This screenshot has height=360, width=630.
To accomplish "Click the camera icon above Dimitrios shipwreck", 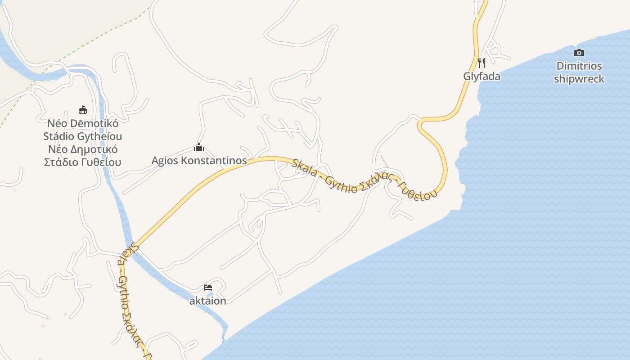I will point(579,53).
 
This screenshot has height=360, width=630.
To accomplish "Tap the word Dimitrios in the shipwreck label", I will point(579,66).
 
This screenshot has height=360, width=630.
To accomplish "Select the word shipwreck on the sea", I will point(579,79).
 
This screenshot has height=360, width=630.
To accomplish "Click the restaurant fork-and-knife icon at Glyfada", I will point(481,63).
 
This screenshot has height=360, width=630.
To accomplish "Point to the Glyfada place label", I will point(481,76).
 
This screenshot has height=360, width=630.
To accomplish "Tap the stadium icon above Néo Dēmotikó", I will point(83,110).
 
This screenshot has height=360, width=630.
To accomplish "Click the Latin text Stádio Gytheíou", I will point(83,136).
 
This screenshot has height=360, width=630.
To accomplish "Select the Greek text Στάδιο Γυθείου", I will point(83,162).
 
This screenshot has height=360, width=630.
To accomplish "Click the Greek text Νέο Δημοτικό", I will point(83,149).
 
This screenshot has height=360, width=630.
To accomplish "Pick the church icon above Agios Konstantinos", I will point(199,147).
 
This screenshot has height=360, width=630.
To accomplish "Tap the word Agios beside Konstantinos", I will point(165,161).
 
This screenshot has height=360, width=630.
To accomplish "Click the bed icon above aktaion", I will point(207,287).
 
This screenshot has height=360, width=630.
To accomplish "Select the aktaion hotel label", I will point(207,301).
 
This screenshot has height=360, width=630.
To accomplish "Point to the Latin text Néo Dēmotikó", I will point(83,123).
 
